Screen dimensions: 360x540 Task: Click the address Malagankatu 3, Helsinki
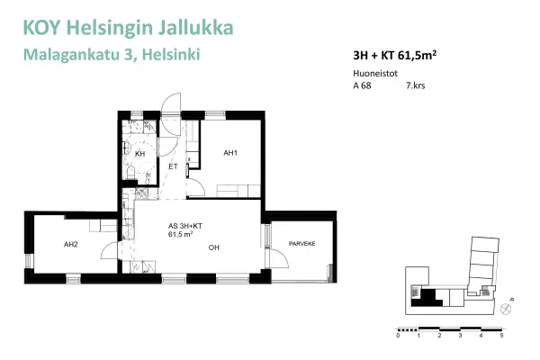click(x=112, y=55)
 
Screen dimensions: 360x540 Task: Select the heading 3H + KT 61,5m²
click(x=395, y=54)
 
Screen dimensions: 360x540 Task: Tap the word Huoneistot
click(x=374, y=75)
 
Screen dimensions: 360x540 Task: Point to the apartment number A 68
click(x=363, y=87)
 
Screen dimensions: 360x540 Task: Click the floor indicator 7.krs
click(x=415, y=87)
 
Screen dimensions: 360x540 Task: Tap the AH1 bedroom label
click(x=230, y=153)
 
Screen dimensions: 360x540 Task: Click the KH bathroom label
click(x=140, y=154)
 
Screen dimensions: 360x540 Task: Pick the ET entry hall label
click(x=172, y=166)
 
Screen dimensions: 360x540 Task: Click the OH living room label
click(x=214, y=247)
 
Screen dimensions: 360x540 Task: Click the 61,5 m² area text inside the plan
click(x=181, y=234)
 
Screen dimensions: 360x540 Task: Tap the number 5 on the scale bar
click(x=501, y=334)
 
